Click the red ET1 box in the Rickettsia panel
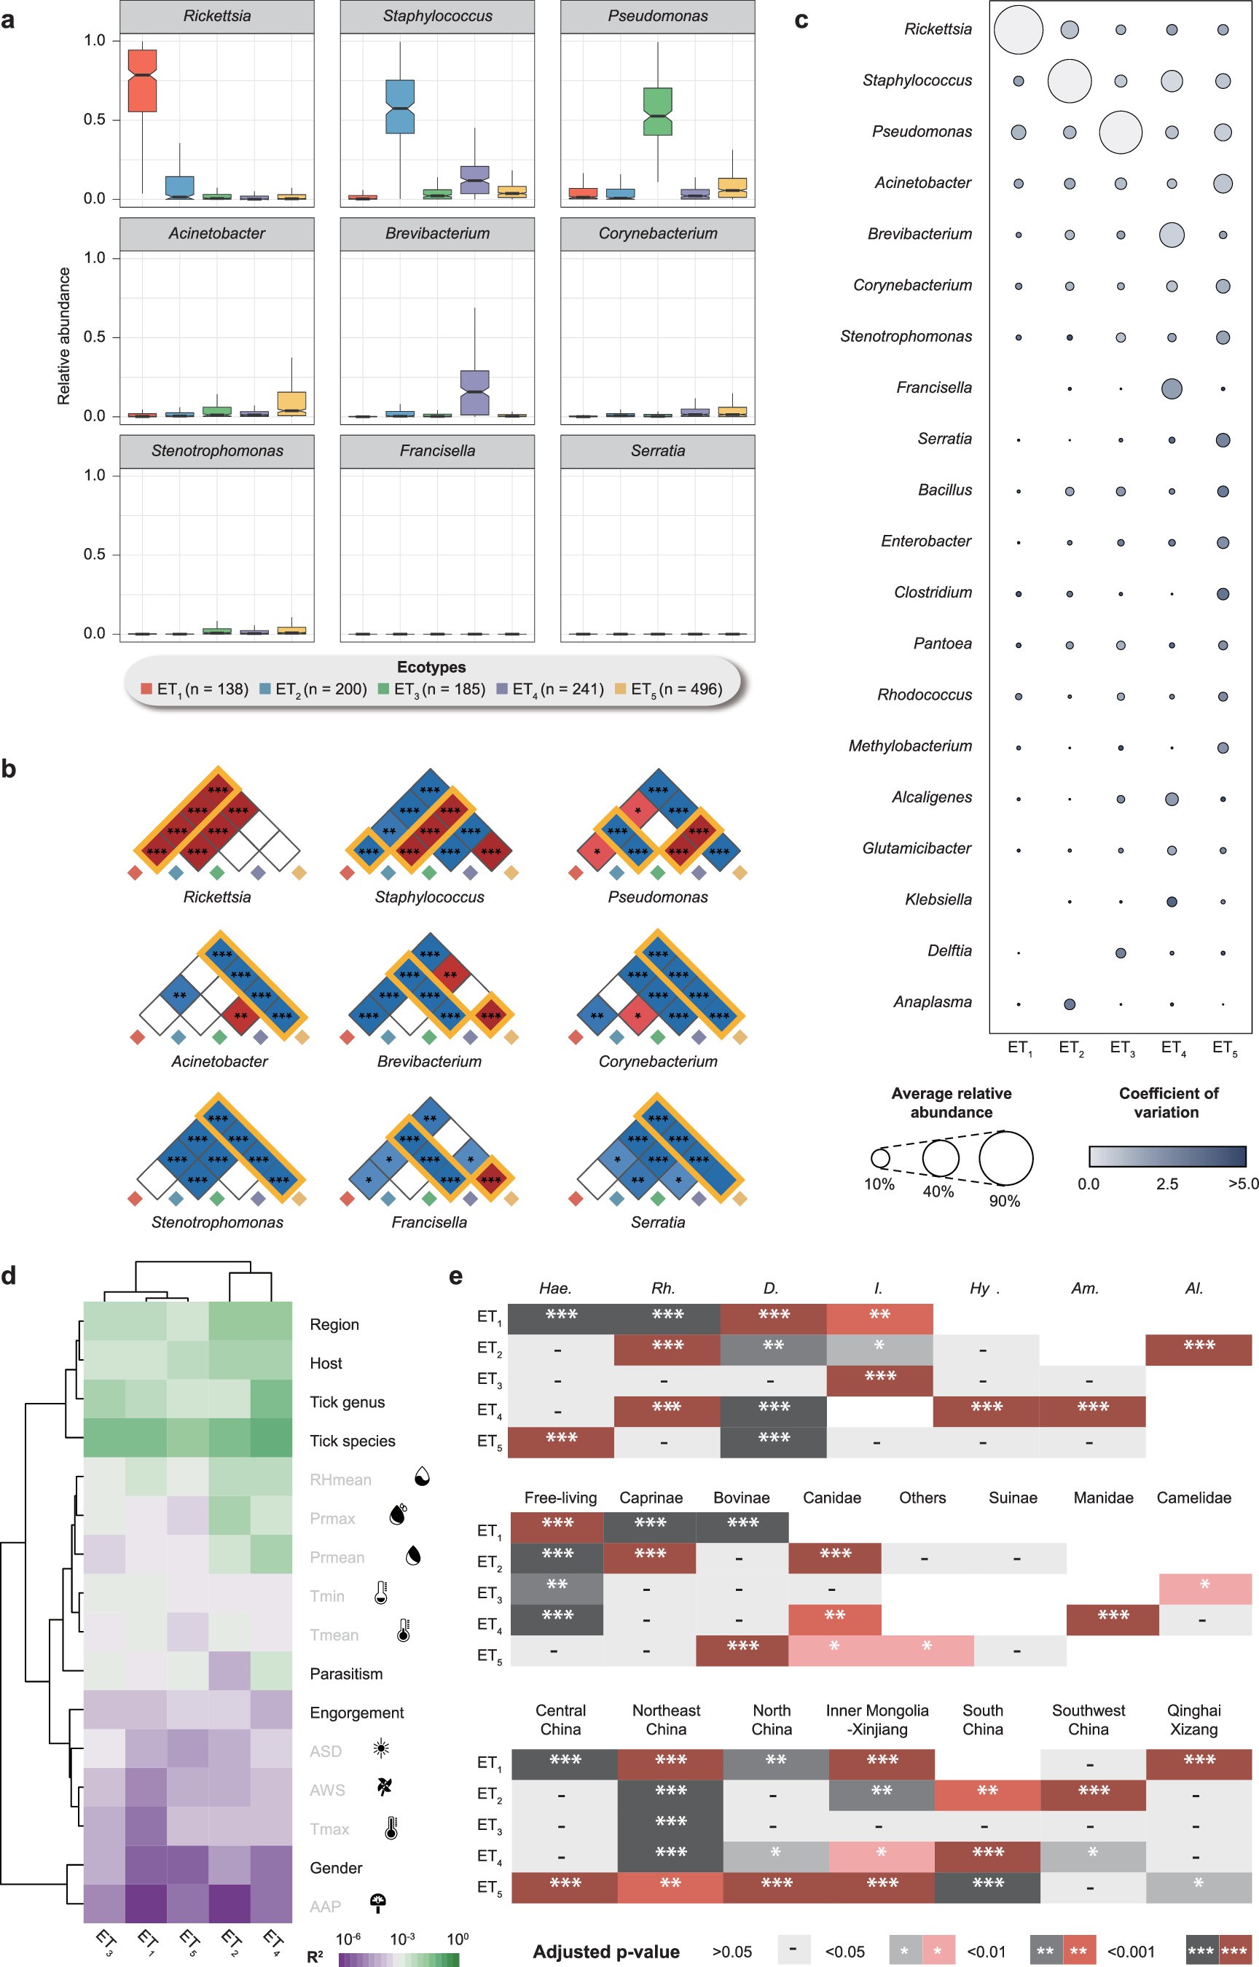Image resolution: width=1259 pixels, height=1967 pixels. (143, 81)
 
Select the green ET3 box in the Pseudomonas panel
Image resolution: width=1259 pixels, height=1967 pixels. (657, 112)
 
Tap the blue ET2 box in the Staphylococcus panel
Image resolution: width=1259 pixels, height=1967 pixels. (400, 106)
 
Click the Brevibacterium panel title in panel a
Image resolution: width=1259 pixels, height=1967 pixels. (437, 234)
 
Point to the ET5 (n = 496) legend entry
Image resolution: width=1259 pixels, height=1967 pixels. (669, 689)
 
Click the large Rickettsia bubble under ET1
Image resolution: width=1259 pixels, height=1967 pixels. (1018, 29)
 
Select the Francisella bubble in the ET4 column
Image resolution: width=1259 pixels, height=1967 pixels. (1171, 388)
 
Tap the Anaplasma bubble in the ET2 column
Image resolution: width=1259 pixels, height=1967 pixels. (1070, 1004)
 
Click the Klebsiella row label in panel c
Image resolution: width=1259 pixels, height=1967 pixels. (938, 899)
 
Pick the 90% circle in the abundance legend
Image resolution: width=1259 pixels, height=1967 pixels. (1005, 1157)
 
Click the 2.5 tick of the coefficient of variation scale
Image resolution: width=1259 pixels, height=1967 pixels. (1166, 1184)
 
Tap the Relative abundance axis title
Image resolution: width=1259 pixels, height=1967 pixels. (64, 336)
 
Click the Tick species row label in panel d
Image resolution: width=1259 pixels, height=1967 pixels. (353, 1441)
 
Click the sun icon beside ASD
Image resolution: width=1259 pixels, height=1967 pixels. (381, 1748)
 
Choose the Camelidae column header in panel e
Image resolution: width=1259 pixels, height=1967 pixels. (1193, 1498)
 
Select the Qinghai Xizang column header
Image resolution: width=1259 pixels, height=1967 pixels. (1193, 1719)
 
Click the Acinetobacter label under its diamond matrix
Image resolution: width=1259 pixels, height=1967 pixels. (219, 1061)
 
